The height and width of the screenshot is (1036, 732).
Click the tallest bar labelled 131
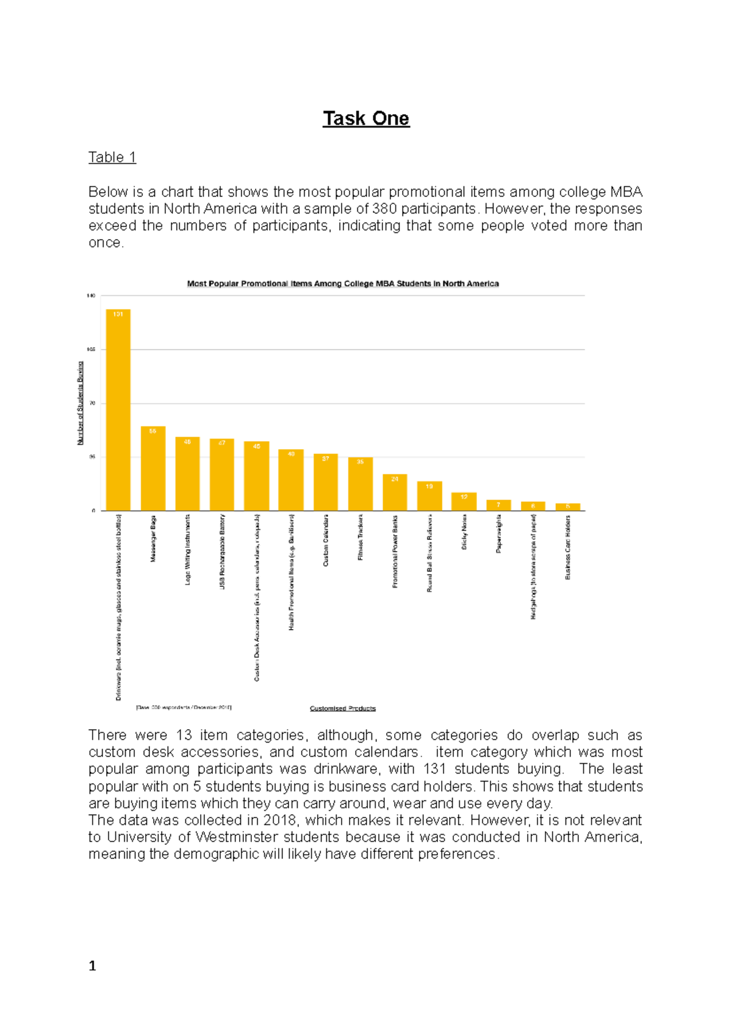click(118, 409)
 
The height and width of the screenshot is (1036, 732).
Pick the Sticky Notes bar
click(464, 502)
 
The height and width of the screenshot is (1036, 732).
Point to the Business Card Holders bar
click(568, 507)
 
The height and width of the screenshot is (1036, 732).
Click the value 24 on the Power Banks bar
click(395, 479)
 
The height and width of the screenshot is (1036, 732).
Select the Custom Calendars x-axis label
click(326, 541)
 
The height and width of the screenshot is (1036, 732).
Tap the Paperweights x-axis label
click(499, 534)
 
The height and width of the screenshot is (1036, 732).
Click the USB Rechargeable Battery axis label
click(222, 552)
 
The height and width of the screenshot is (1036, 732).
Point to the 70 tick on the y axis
click(92, 403)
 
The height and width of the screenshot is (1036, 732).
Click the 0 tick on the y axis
click(93, 511)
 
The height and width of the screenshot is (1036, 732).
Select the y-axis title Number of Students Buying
click(81, 403)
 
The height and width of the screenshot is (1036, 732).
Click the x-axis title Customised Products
click(343, 708)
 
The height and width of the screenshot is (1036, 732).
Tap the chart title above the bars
click(343, 284)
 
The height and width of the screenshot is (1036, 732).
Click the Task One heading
click(366, 118)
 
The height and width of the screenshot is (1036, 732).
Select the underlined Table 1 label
click(112, 157)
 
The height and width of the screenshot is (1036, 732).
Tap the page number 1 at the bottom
click(93, 965)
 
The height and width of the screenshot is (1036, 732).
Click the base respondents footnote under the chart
click(184, 708)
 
